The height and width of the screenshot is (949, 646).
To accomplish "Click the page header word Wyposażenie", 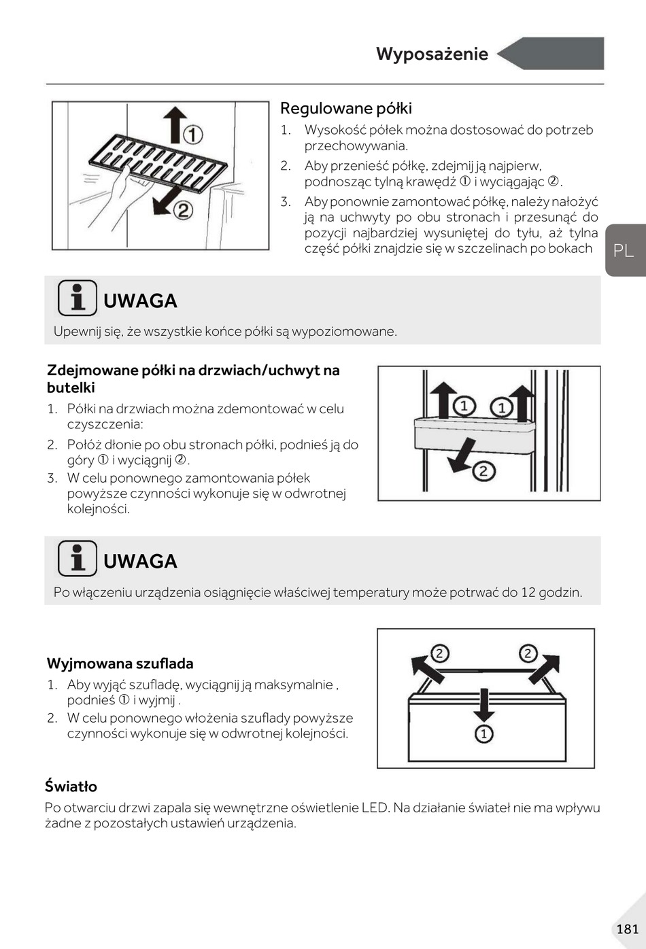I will pyautogui.click(x=432, y=54).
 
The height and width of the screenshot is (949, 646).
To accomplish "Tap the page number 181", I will pyautogui.click(x=627, y=929).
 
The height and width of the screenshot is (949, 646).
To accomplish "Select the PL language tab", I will pyautogui.click(x=623, y=250).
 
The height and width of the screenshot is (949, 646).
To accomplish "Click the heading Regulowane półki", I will pyautogui.click(x=345, y=109).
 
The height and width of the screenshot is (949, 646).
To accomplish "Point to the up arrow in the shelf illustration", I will pyautogui.click(x=175, y=124).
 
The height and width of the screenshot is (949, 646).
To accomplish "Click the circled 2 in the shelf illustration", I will pyautogui.click(x=183, y=211).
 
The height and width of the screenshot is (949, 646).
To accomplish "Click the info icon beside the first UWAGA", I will pyautogui.click(x=77, y=298).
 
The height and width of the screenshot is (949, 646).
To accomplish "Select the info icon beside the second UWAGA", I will pyautogui.click(x=77, y=558).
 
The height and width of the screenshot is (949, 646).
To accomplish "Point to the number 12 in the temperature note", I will pyautogui.click(x=528, y=592).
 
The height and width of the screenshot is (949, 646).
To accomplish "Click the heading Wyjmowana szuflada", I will pyautogui.click(x=120, y=663).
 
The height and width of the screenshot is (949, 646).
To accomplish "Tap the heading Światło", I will pyautogui.click(x=71, y=787).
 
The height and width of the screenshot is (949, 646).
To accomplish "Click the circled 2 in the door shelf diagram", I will pyautogui.click(x=483, y=471).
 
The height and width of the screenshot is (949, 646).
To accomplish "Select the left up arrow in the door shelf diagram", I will pyautogui.click(x=442, y=399).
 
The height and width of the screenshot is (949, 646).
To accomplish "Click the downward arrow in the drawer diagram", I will pyautogui.click(x=483, y=704).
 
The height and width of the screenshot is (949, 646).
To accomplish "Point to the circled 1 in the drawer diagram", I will pyautogui.click(x=483, y=734).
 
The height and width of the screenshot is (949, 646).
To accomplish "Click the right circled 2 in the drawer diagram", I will pyautogui.click(x=528, y=654).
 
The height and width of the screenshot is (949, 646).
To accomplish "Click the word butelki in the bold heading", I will pyautogui.click(x=71, y=388).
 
